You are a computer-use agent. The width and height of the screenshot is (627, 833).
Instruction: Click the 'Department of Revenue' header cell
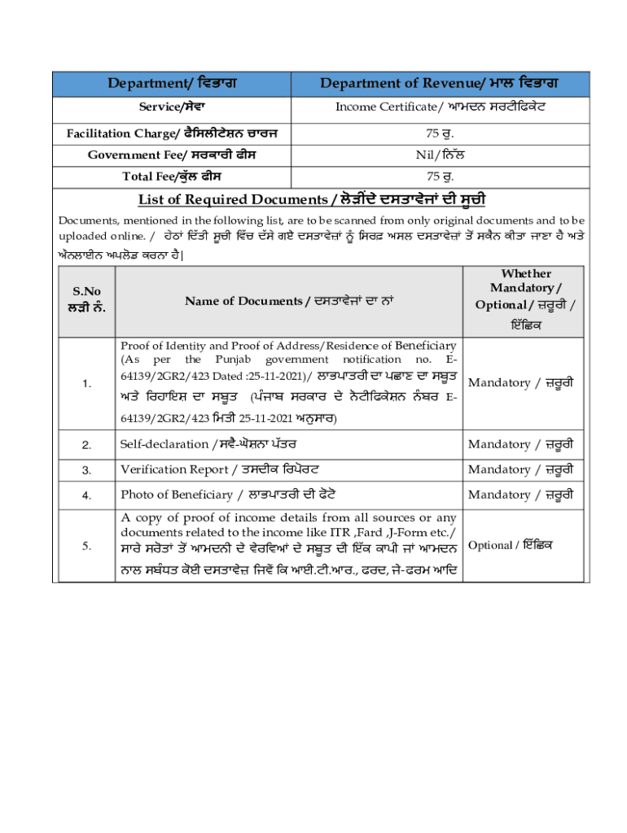tap(444, 83)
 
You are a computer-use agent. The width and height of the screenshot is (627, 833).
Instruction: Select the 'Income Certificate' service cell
tap(444, 107)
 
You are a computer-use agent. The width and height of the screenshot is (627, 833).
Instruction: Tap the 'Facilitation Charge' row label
tap(173, 133)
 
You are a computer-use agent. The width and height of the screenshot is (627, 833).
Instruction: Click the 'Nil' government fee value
tap(444, 155)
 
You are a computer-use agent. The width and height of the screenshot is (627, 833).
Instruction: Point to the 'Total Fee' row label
tap(173, 177)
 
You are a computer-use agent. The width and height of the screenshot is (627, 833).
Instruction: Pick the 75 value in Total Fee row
tap(444, 177)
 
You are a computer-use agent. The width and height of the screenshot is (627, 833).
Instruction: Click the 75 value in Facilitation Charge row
tap(444, 133)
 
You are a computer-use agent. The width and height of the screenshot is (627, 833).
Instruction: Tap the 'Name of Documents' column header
tap(289, 301)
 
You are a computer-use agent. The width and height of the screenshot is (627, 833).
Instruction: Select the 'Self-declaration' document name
tap(208, 444)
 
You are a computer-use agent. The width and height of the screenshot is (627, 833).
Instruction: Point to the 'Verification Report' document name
tap(220, 469)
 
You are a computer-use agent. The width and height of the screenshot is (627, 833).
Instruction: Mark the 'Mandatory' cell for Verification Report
tap(521, 469)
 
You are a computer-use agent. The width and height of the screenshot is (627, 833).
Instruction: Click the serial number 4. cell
tap(86, 495)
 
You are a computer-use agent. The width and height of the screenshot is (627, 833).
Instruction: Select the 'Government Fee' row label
tap(173, 155)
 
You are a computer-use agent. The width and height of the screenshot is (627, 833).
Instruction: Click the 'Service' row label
tap(173, 107)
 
